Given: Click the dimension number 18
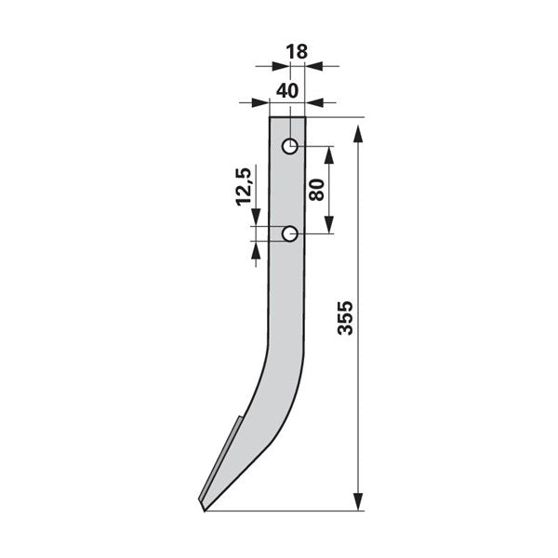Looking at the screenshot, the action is pos(297,52).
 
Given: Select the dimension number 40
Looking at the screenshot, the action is pos(287,91).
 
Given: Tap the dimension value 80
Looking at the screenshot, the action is pos(316,190).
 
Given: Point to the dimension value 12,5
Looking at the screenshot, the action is pos(244,187).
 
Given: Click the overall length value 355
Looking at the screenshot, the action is pos(345,318).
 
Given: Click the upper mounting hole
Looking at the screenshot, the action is pos(290,146).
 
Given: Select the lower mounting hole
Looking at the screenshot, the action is pos(290,233).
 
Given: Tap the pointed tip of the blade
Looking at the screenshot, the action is pos(204,511).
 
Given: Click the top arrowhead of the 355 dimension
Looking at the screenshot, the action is pos(358,134).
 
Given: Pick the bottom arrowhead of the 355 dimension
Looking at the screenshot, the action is pos(358,502).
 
